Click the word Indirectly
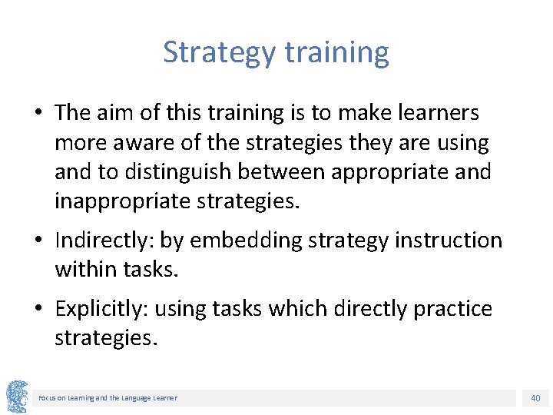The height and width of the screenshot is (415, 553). pos(101,241)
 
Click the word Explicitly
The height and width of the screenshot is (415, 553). pos(102,309)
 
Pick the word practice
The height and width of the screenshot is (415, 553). pos(452,309)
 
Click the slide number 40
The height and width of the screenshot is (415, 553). pos(535,398)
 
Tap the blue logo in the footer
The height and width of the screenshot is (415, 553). pos(16,395)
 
